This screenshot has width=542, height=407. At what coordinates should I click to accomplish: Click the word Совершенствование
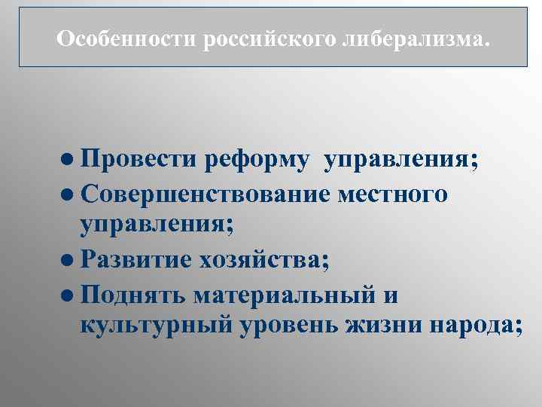[x=205, y=194]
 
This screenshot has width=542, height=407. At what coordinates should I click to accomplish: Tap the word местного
[x=393, y=194]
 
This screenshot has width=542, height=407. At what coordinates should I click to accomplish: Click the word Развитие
[x=135, y=260]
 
